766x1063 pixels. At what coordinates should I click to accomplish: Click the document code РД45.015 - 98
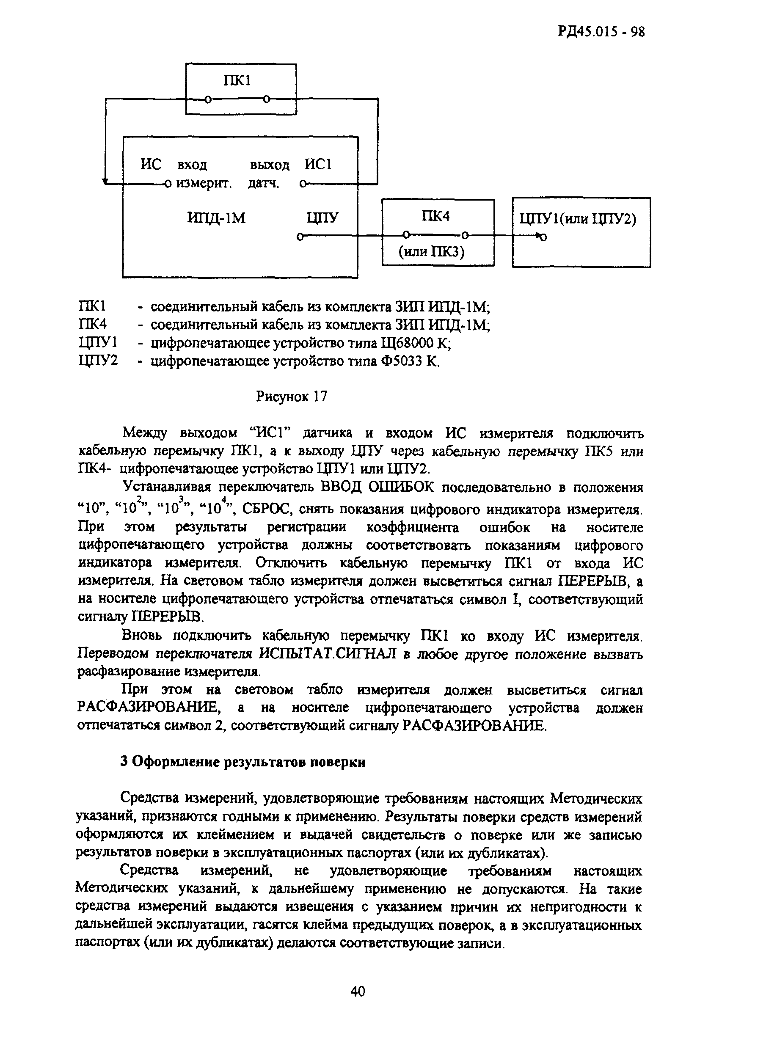(x=601, y=31)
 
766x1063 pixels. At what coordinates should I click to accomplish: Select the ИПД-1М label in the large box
(x=216, y=218)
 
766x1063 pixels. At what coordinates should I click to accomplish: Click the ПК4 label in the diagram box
(x=435, y=216)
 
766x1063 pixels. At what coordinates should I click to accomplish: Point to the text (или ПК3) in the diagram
(x=431, y=252)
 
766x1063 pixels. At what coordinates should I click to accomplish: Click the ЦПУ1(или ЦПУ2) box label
(x=578, y=219)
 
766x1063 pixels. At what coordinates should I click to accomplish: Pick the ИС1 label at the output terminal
(x=318, y=165)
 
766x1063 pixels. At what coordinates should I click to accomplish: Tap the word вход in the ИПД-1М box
(x=192, y=165)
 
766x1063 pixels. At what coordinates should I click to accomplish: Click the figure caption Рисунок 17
(x=292, y=397)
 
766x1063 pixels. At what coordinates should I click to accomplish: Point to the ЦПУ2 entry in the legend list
(x=99, y=361)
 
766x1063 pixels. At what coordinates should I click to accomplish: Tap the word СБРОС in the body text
(x=269, y=509)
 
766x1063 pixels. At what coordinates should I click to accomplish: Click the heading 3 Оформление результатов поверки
(x=243, y=762)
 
